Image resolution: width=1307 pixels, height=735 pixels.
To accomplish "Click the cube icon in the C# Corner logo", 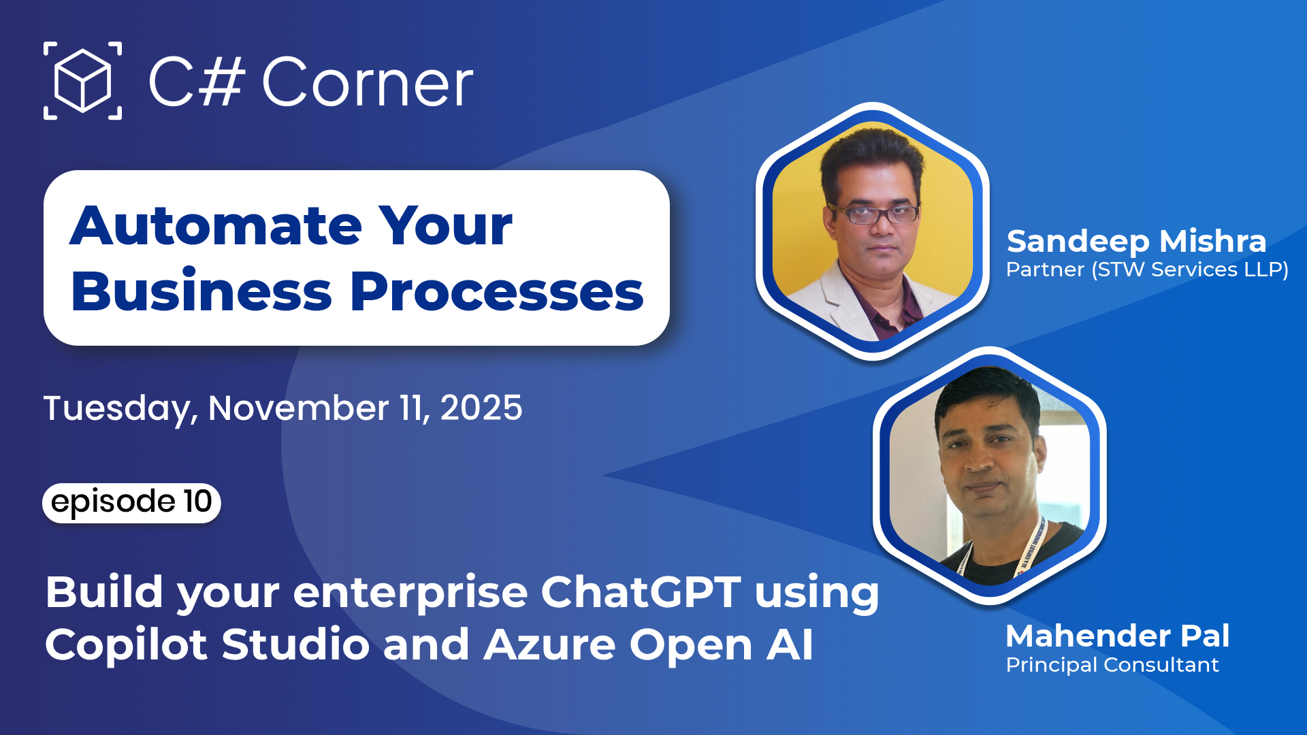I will (x=82, y=81).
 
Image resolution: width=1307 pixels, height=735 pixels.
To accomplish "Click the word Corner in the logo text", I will (x=368, y=83).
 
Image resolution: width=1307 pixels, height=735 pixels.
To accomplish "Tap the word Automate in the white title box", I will (x=216, y=226).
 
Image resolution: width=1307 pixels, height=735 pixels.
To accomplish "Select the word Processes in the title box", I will (x=496, y=292).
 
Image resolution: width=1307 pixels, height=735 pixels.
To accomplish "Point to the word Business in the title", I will (x=201, y=292).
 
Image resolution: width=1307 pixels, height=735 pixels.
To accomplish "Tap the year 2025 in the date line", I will (x=481, y=408).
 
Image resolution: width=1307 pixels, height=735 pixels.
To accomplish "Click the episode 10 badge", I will (x=131, y=502).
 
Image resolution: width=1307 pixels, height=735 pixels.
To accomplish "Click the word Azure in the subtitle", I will (x=549, y=644).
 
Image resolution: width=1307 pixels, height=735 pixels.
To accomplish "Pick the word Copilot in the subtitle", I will (x=126, y=644).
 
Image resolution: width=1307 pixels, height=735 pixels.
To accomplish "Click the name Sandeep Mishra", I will (x=1136, y=241).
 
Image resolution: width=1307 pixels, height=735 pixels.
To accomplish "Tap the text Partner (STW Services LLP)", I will (x=1147, y=269).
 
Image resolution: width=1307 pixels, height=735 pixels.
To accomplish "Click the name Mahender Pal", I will (x=1118, y=636).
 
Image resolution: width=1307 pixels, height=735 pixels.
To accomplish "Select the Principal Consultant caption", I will (x=1112, y=665).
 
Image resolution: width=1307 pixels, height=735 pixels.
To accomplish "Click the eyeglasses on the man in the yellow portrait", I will (x=873, y=214).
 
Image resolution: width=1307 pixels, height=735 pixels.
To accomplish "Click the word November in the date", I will (x=298, y=408).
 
